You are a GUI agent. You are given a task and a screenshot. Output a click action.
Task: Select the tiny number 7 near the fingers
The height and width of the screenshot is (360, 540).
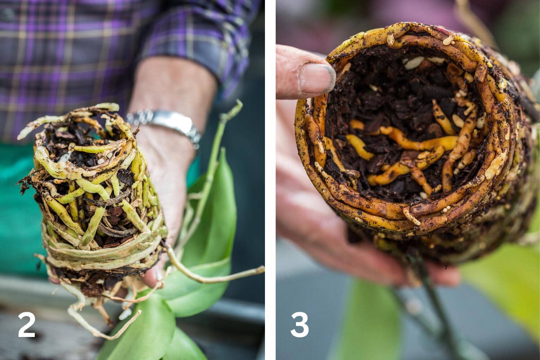click(x=446, y=267)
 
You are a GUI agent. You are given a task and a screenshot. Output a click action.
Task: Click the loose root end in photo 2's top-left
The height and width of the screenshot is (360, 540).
click(x=24, y=135)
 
